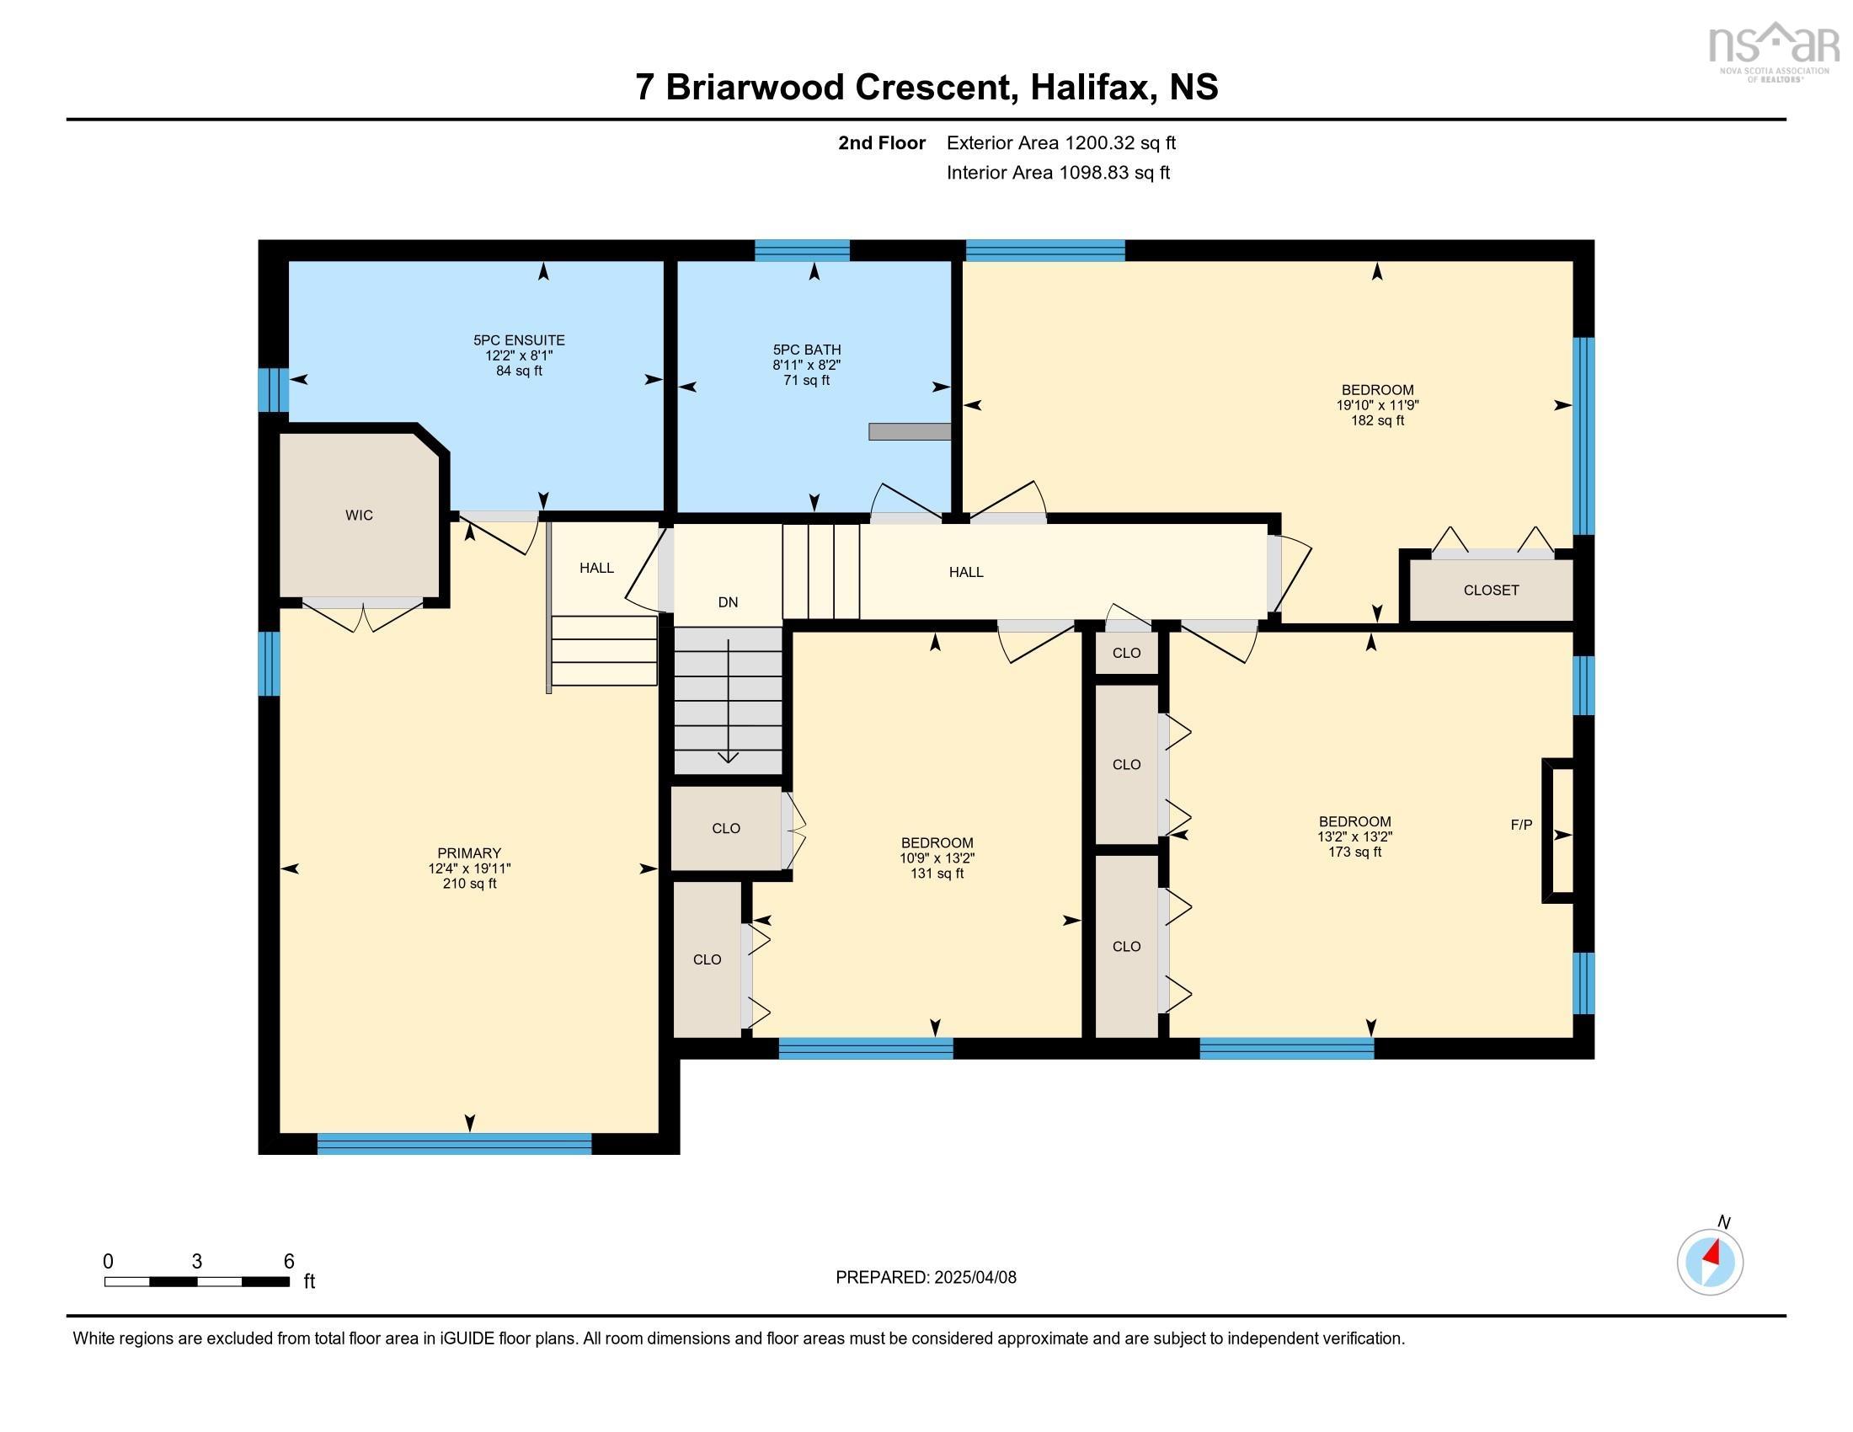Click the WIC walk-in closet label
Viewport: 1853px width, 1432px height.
(x=359, y=515)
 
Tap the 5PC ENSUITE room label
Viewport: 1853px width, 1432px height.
(x=518, y=340)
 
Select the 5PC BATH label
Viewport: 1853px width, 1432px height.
(x=806, y=350)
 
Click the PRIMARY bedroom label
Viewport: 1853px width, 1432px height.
(x=469, y=852)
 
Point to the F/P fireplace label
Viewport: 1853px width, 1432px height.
(x=1521, y=825)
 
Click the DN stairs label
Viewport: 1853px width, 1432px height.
(x=727, y=602)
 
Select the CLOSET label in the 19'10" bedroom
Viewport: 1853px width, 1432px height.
(x=1491, y=590)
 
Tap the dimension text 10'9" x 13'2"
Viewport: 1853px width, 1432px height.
(x=937, y=858)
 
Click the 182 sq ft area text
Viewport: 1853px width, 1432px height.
(x=1377, y=420)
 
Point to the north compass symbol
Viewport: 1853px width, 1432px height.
(x=1710, y=1262)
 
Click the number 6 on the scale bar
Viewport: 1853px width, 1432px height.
(x=288, y=1262)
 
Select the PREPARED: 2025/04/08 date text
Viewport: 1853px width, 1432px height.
(x=926, y=1278)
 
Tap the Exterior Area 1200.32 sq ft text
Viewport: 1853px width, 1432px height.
(x=1060, y=142)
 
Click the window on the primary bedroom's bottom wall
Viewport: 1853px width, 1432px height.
(x=454, y=1144)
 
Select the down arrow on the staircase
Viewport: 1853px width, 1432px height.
(x=728, y=704)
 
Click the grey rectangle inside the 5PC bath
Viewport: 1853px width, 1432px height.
(x=909, y=432)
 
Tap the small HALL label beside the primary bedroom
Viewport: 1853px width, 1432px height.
(x=596, y=569)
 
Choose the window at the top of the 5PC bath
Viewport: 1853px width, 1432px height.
(x=802, y=250)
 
